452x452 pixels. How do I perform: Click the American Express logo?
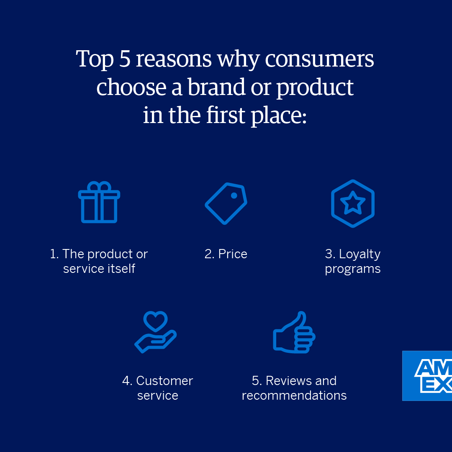point(427,375)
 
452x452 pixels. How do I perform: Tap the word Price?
point(233,254)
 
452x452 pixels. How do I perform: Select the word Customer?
point(164,381)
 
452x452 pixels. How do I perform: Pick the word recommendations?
point(294,395)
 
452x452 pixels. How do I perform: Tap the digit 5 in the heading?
point(125,59)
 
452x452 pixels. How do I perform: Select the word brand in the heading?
point(216,87)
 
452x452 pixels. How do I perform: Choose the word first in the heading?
point(226,115)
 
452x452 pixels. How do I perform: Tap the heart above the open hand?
point(155,321)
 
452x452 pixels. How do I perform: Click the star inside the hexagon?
point(353,203)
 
